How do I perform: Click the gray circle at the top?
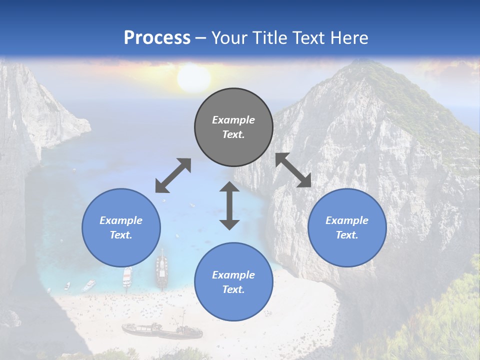point(233,127)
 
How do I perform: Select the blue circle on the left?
point(121,227)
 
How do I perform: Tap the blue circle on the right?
point(347,227)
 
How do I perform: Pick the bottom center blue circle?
point(233,282)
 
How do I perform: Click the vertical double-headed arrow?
point(229,205)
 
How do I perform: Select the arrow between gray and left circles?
point(173,175)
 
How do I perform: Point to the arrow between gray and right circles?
point(293,170)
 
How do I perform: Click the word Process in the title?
point(157,37)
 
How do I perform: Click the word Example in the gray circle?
point(233,120)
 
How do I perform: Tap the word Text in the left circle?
point(120,235)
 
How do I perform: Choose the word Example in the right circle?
point(347,220)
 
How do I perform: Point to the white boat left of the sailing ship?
point(127,276)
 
